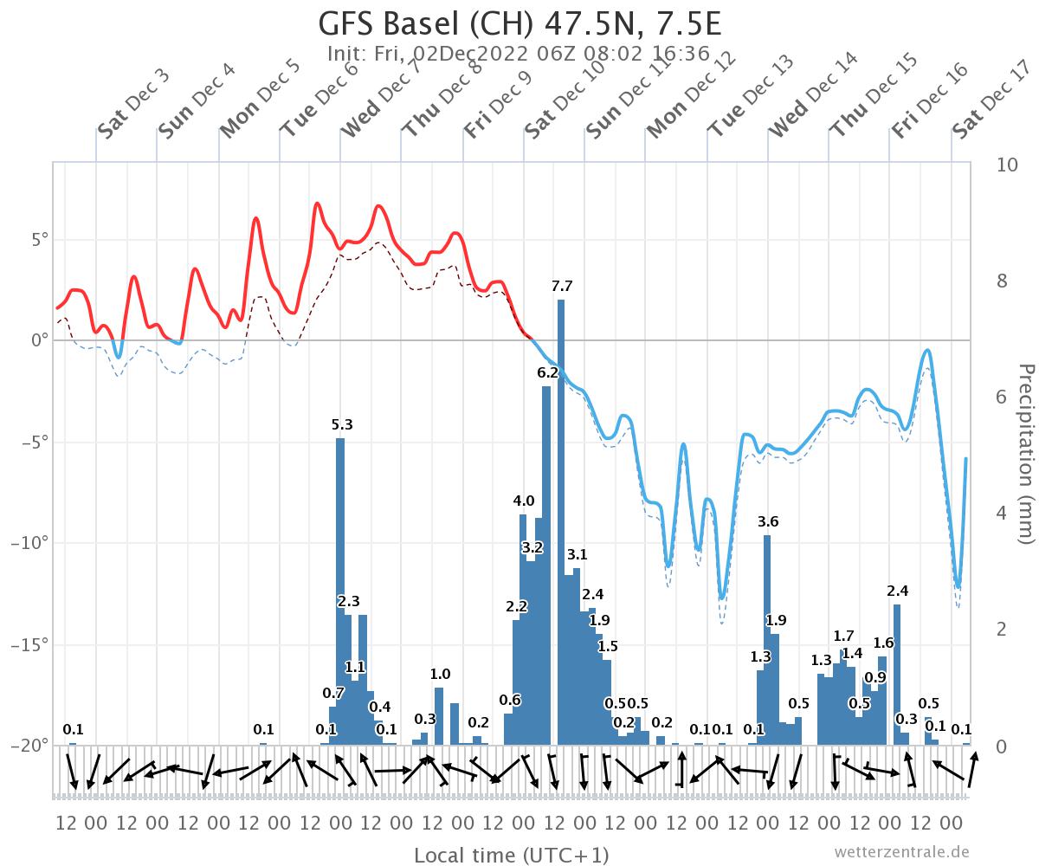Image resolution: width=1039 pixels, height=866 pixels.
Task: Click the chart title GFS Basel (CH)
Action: click(x=519, y=23)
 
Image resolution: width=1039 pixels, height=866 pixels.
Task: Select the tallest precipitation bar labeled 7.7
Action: click(x=561, y=520)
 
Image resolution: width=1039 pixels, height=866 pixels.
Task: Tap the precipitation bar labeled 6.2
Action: click(x=546, y=563)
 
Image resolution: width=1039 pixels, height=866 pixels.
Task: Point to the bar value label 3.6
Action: click(x=768, y=521)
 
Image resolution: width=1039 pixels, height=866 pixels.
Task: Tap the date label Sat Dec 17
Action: click(x=990, y=100)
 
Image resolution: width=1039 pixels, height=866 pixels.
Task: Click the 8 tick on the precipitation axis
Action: click(x=1007, y=281)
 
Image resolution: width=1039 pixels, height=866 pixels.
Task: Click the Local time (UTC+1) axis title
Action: click(x=511, y=856)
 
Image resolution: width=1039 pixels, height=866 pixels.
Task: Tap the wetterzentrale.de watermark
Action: click(x=901, y=852)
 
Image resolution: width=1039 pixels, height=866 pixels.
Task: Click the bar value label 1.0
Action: click(x=440, y=674)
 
